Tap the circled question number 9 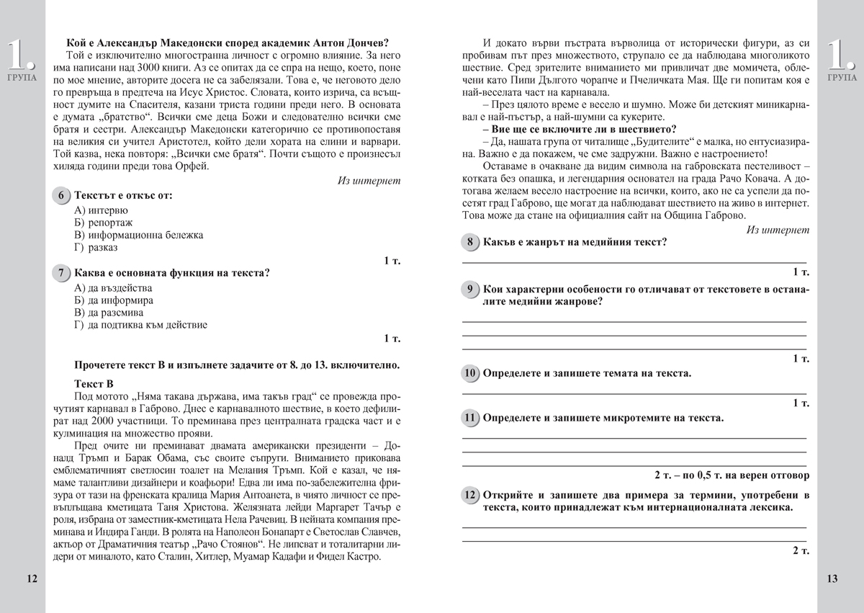[x=470, y=290]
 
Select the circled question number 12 [x=470, y=496]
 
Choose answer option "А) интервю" [x=101, y=210]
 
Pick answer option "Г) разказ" [x=96, y=247]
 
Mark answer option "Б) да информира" [x=113, y=300]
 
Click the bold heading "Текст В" [x=94, y=384]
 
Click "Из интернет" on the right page [x=778, y=230]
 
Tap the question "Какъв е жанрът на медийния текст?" [x=575, y=242]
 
